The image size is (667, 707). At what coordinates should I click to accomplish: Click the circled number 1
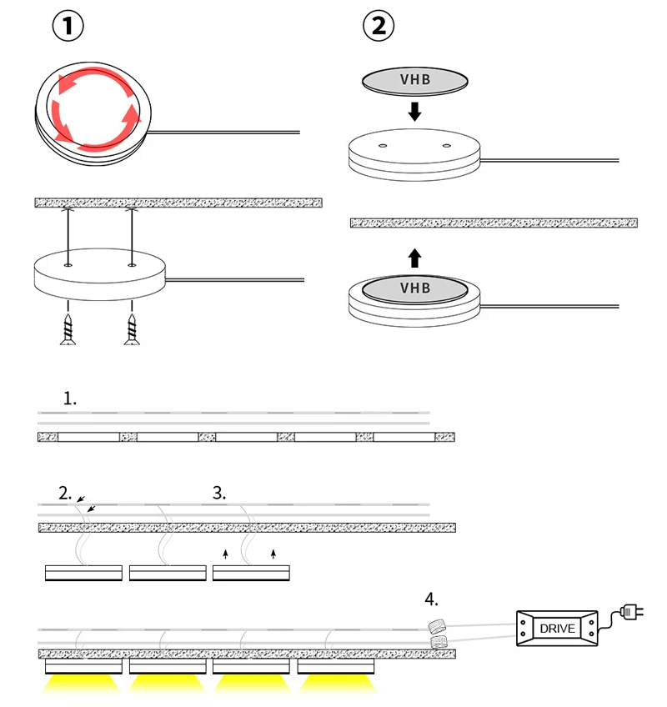click(68, 28)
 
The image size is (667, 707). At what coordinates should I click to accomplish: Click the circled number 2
click(379, 28)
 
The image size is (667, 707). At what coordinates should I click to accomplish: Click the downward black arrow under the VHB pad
click(415, 110)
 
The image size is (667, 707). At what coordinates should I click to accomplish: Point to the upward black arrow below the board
click(415, 257)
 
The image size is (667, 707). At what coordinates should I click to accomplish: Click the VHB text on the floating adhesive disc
click(414, 82)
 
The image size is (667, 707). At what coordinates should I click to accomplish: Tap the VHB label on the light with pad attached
click(414, 288)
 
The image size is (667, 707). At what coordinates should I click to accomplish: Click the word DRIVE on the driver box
click(556, 628)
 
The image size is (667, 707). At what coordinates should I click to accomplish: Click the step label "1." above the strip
click(70, 399)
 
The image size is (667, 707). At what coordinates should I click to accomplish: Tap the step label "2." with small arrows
click(66, 492)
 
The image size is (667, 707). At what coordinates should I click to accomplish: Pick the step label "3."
click(219, 492)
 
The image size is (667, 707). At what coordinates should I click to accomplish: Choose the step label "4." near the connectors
click(431, 599)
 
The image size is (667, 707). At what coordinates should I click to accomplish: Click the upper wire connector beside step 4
click(435, 626)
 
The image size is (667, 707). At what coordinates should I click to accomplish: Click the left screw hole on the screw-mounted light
click(68, 265)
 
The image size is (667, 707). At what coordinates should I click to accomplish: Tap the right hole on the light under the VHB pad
click(446, 144)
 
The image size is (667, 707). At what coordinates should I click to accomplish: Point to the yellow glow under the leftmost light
click(83, 684)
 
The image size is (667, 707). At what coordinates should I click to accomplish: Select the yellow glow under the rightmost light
click(336, 684)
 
